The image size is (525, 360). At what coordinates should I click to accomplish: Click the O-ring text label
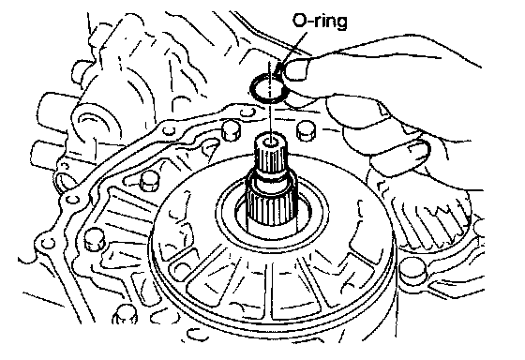[x=320, y=21]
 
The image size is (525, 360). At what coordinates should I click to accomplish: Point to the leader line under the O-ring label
[x=292, y=48]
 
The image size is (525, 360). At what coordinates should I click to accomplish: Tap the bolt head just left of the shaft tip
[x=231, y=130]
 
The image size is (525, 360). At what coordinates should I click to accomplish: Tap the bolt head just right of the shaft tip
[x=306, y=130]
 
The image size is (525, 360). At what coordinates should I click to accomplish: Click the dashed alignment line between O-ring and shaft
[x=270, y=100]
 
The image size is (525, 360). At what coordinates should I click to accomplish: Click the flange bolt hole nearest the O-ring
[x=247, y=112]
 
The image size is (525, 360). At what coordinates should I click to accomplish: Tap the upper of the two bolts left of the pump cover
[x=149, y=182]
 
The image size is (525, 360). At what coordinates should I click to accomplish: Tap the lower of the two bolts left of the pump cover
[x=94, y=238]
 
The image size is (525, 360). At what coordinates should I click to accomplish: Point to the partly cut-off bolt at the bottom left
[x=125, y=315]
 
